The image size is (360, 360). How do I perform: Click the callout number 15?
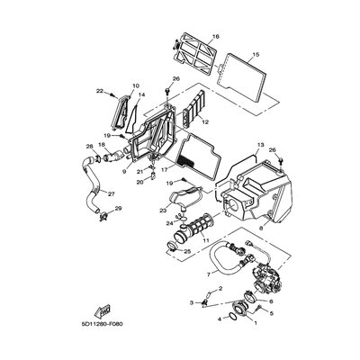tap(256, 55)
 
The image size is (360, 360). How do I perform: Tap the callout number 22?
tap(99, 91)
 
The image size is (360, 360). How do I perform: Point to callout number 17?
tap(164, 170)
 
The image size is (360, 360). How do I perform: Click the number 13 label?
tap(260, 145)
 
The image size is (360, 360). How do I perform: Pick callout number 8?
tap(261, 229)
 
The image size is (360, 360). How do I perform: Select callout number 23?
tap(163, 211)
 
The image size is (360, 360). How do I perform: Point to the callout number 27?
tap(112, 194)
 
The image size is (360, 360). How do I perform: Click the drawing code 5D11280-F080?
tap(103, 324)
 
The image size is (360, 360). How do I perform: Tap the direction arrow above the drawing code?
tap(103, 310)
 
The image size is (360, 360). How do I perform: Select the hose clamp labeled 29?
tap(103, 216)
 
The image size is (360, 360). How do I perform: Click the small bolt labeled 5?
tap(260, 308)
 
